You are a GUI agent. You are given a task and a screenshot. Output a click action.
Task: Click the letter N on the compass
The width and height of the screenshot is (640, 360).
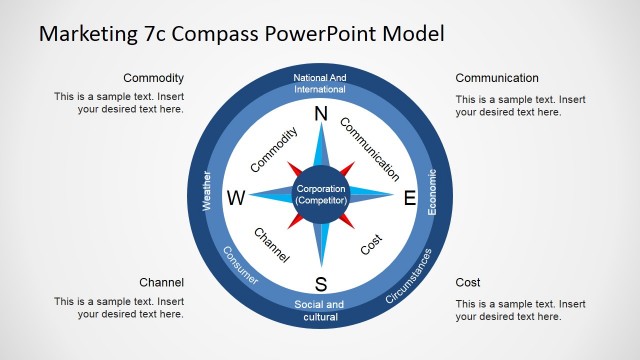321,115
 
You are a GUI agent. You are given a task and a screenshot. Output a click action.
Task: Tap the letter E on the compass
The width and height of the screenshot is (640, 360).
409,198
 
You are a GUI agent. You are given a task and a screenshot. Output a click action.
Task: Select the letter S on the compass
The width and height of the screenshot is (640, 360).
321,282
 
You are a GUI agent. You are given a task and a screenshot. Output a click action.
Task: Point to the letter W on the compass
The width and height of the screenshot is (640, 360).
236,198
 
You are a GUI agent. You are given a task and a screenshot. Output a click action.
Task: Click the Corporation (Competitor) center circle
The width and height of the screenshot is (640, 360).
321,195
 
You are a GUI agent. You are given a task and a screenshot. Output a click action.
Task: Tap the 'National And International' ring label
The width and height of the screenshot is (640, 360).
321,83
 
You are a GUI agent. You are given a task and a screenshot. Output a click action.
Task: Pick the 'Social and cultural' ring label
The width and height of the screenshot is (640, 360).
321,311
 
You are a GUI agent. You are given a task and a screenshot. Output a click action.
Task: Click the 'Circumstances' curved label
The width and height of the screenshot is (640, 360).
409,275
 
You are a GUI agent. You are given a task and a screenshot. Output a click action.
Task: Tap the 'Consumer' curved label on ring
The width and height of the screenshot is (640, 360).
240,266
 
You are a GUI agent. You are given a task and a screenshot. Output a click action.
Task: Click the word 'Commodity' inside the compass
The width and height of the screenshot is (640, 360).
274,149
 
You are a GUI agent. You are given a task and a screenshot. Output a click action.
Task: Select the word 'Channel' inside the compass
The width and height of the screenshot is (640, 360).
271,245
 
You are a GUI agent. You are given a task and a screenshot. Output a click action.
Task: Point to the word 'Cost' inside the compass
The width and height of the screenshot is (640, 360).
371,244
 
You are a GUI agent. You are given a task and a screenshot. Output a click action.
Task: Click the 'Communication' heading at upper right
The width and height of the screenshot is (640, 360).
497,78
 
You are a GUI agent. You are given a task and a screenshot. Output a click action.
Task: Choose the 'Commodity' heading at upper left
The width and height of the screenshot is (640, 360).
153,78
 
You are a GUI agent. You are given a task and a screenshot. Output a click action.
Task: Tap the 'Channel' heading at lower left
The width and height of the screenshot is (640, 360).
161,283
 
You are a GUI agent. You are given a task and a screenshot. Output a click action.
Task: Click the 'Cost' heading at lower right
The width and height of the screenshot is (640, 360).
468,283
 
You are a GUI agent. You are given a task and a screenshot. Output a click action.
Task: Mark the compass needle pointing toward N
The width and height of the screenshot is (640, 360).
321,150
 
